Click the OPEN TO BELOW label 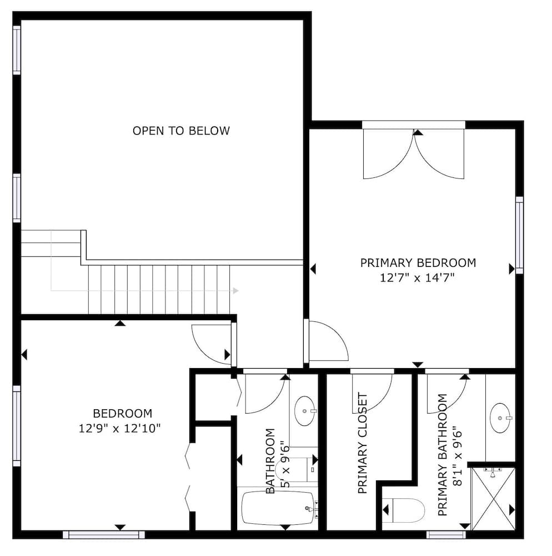click(181, 131)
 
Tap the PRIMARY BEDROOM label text click(418, 263)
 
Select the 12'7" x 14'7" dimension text click(417, 277)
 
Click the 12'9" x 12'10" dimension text click(120, 428)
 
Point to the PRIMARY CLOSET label click(363, 443)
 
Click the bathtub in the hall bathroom click(278, 508)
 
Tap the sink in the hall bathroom click(304, 411)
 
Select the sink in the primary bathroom click(500, 418)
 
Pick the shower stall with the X click(493, 499)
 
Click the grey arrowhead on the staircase click(236, 291)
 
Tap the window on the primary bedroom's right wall click(519, 235)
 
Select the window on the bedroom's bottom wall click(104, 534)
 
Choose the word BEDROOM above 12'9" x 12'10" click(123, 414)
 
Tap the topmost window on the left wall click(17, 51)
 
